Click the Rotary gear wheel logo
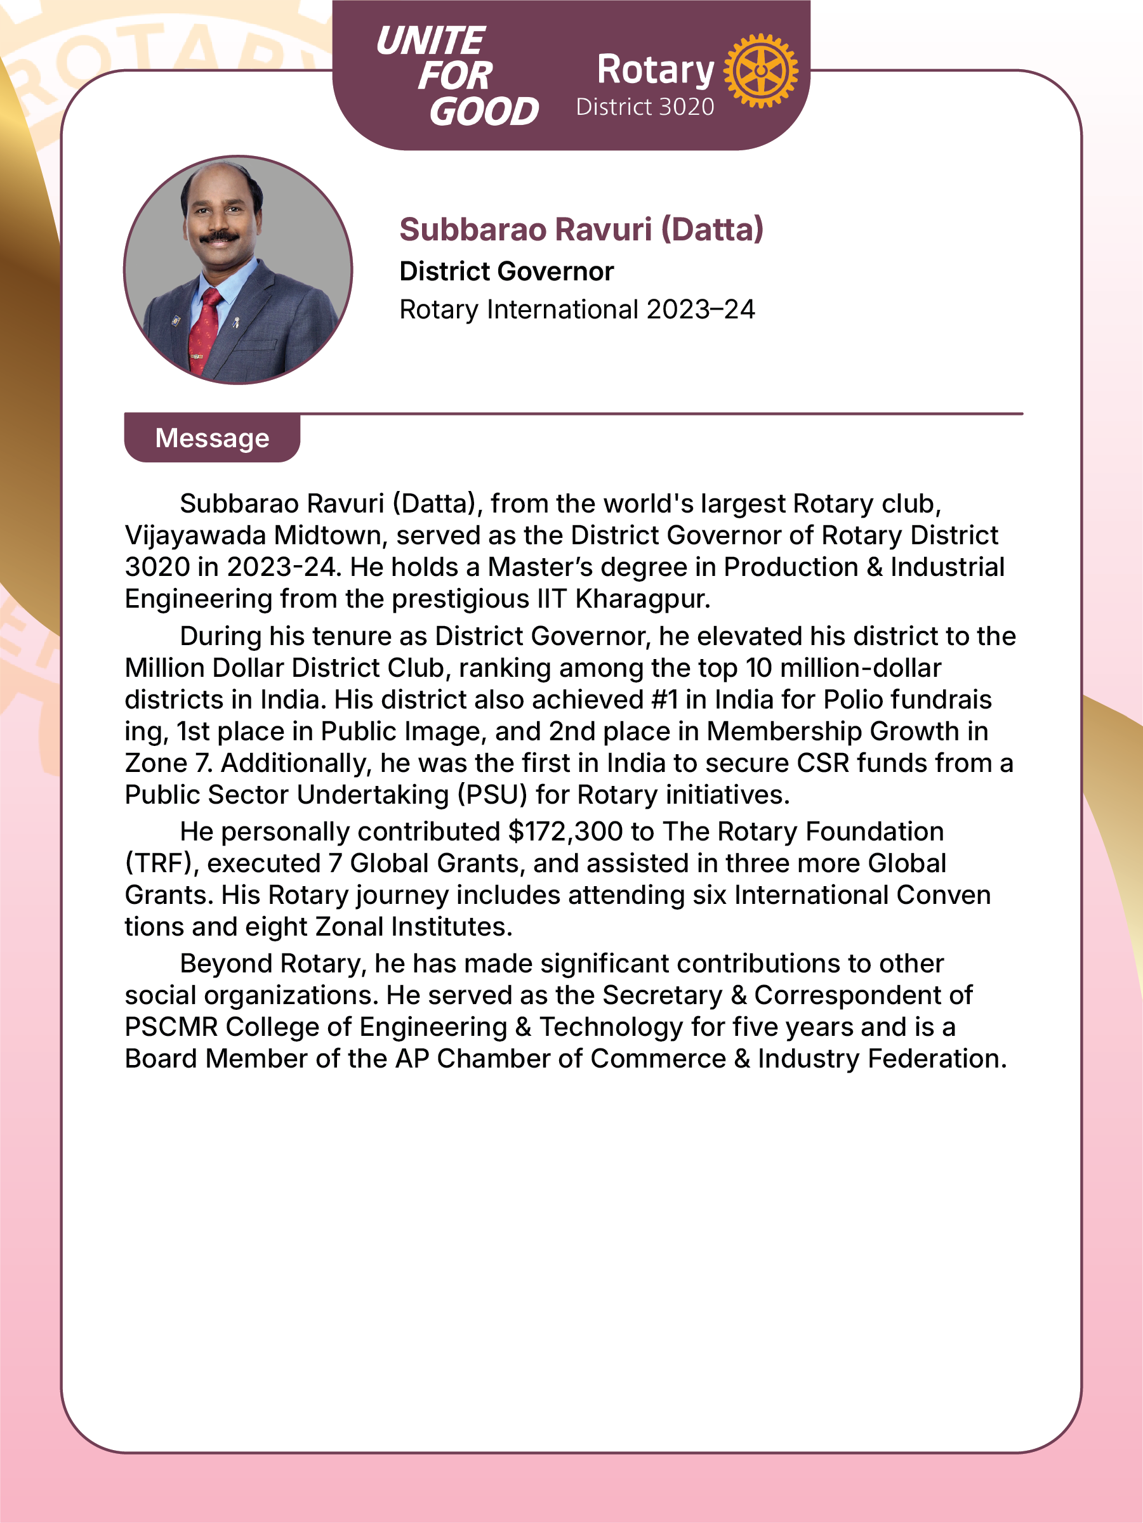click(x=760, y=70)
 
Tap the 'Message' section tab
click(x=212, y=438)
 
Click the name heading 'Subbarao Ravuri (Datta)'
click(x=581, y=229)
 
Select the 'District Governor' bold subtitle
click(x=506, y=271)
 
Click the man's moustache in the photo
click(x=219, y=237)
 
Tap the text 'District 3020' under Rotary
click(x=645, y=107)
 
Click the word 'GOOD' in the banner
click(x=484, y=112)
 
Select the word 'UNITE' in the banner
click(x=430, y=41)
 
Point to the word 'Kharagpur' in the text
click(x=642, y=599)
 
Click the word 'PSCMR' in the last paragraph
click(x=171, y=1027)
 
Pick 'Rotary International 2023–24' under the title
click(x=578, y=310)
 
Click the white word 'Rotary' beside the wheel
click(x=655, y=70)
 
